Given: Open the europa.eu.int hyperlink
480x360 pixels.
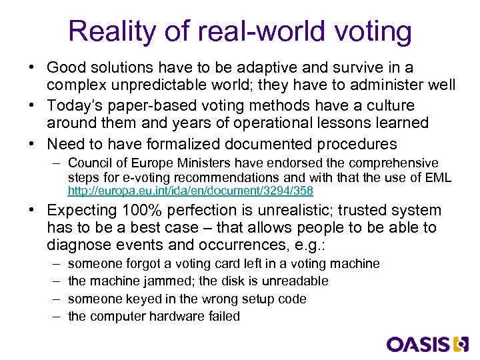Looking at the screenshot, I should click(x=191, y=191).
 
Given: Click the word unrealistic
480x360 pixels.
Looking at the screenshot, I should click(x=291, y=211).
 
